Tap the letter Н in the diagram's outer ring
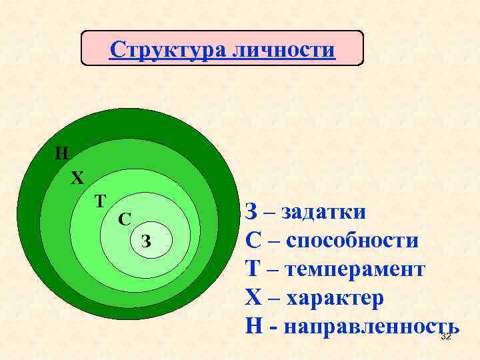[x=61, y=153]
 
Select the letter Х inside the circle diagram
[x=78, y=179]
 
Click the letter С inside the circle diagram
[x=124, y=219]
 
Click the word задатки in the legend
[x=324, y=212]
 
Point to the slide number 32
[x=446, y=337]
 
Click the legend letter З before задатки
[x=251, y=212]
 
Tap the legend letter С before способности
[x=253, y=240]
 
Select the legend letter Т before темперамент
[x=253, y=269]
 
